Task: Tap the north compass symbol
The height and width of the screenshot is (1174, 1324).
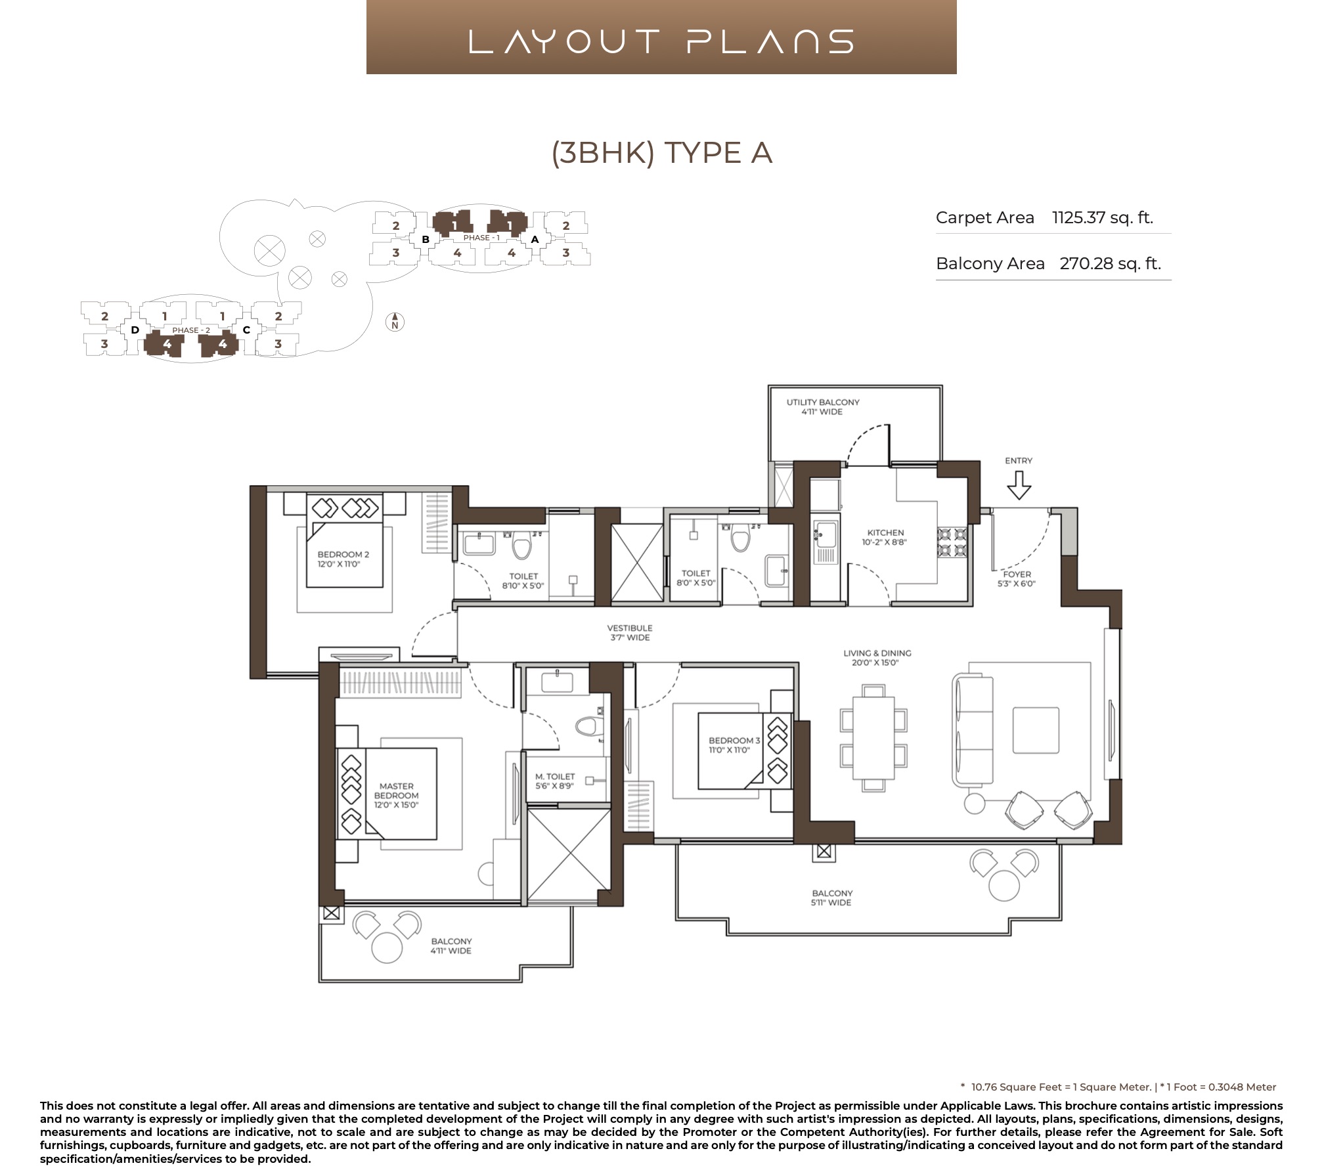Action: point(395,322)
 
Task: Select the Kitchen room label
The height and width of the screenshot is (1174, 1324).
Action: point(885,537)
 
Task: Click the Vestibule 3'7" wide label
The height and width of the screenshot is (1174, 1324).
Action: point(629,632)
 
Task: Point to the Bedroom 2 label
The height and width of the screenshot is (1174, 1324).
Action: point(343,559)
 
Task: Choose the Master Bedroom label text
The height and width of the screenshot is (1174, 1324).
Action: point(396,795)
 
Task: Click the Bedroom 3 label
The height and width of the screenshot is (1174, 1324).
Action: point(734,745)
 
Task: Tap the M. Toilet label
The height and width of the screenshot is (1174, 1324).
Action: point(554,781)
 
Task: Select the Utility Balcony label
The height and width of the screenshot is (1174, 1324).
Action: point(822,406)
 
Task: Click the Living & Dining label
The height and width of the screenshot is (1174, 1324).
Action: point(877,657)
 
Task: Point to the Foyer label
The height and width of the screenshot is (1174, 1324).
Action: point(1016,578)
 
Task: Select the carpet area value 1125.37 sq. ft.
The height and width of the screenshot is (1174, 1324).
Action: point(1103,217)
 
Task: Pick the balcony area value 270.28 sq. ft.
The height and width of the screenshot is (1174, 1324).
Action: point(1110,263)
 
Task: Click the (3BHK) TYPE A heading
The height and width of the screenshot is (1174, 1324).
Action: point(661,153)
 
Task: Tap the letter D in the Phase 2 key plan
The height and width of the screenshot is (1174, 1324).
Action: point(135,330)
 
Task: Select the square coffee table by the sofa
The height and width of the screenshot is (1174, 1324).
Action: point(1036,730)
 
